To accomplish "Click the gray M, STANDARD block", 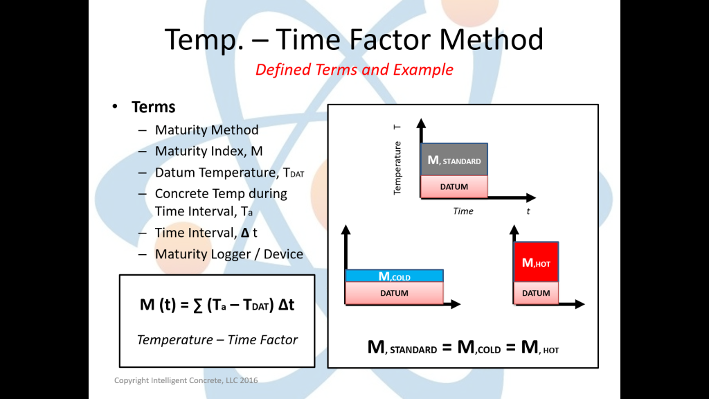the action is (x=454, y=160).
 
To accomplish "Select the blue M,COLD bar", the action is (x=394, y=276).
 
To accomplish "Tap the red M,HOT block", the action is (x=536, y=262).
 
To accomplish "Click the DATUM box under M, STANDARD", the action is (x=454, y=187).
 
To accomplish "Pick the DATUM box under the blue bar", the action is (x=394, y=293).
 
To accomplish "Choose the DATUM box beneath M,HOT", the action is (x=536, y=293).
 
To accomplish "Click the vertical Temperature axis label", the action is (x=397, y=168).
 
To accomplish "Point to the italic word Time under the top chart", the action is (x=463, y=211).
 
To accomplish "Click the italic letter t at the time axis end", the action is (x=528, y=211).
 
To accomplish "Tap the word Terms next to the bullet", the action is (x=153, y=107).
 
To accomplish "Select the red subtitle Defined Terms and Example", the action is (x=354, y=70).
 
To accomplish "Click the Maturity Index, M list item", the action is (x=209, y=151).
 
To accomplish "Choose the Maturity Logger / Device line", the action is (x=228, y=254).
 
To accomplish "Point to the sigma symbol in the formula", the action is (x=197, y=305).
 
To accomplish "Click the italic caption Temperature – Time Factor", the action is (x=217, y=339).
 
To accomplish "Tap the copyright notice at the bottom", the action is (x=186, y=380).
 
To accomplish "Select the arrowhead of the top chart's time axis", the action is (x=531, y=197).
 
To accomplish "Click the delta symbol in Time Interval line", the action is (x=245, y=233).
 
